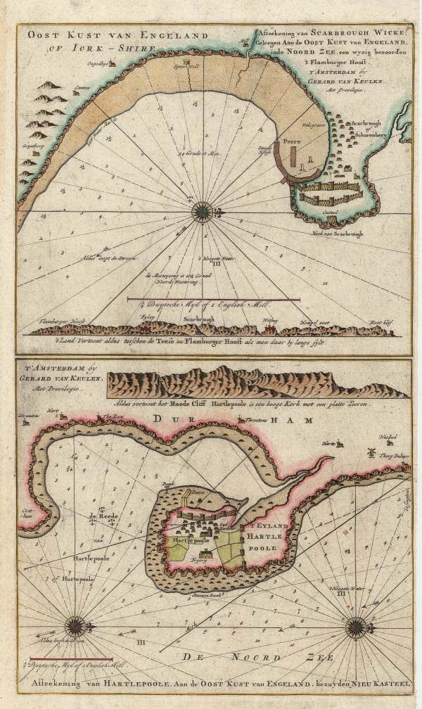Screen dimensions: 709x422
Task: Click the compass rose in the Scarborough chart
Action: (202, 212)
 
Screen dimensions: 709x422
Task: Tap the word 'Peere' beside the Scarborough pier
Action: (291, 142)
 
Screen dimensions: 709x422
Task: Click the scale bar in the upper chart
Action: (214, 300)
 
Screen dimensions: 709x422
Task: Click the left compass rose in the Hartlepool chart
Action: (75, 625)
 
